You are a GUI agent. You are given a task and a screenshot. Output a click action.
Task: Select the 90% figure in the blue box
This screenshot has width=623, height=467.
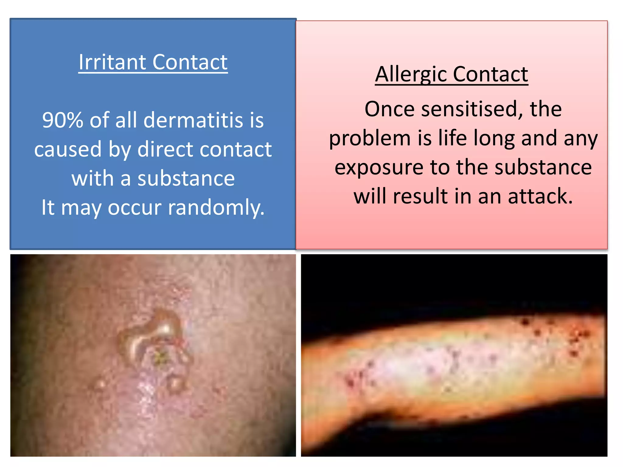(x=63, y=120)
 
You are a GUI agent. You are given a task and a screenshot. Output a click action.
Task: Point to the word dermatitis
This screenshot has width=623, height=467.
(x=193, y=120)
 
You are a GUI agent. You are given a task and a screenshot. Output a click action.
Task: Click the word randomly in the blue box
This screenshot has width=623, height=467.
(x=216, y=208)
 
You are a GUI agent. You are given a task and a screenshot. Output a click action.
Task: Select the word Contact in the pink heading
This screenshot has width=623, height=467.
(x=490, y=75)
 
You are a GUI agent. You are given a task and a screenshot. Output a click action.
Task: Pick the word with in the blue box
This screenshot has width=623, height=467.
(x=92, y=178)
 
